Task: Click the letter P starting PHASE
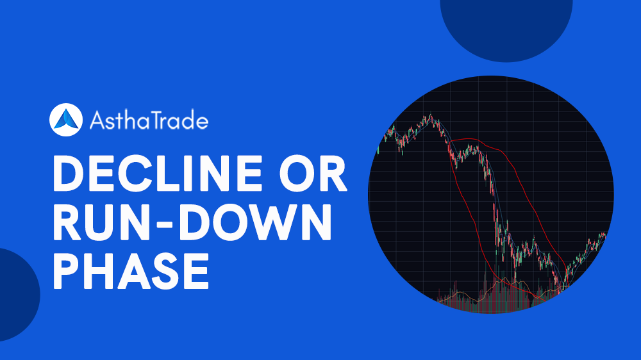pos(68,270)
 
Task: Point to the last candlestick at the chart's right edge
pos(604,234)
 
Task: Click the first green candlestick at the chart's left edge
pos(379,149)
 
